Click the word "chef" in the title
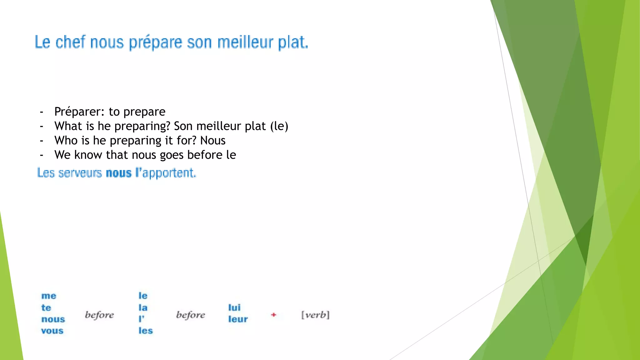[x=70, y=42]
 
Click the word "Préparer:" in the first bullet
[x=79, y=112]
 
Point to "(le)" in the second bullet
[x=279, y=126]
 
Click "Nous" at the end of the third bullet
[x=213, y=141]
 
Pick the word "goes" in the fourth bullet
[x=172, y=155]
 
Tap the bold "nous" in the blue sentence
[x=119, y=173]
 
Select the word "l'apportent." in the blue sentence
[x=166, y=173]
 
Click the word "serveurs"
[x=80, y=173]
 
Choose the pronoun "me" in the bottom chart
[x=49, y=296]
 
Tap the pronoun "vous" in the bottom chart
[x=52, y=331]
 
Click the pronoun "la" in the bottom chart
[x=143, y=307]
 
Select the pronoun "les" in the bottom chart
[x=146, y=331]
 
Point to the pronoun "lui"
[x=234, y=307]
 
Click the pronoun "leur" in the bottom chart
[x=238, y=319]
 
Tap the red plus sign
[x=274, y=315]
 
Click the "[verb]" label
[x=315, y=315]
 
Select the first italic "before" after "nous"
[x=99, y=315]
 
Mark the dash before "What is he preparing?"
[x=42, y=126]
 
